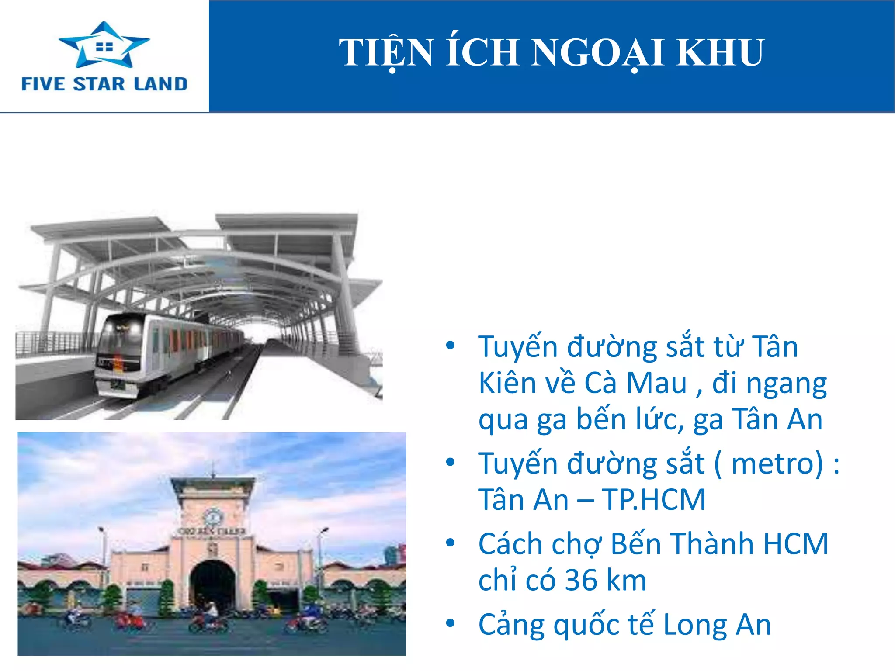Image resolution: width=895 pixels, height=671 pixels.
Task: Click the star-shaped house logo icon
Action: point(104,45)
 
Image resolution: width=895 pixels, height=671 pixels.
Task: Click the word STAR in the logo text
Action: point(99,84)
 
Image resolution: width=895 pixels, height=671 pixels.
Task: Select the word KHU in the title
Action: point(720,52)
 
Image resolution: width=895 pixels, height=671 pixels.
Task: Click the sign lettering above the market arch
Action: point(212,532)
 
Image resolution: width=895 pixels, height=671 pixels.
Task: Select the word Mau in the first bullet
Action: point(657,383)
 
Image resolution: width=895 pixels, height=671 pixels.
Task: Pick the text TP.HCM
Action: point(654,500)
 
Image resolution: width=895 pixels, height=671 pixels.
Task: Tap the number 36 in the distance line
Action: point(581,581)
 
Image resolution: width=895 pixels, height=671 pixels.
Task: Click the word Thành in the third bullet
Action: point(712,544)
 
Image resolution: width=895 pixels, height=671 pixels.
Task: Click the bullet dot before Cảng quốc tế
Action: point(450,623)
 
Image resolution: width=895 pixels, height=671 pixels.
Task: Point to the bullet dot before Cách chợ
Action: point(450,543)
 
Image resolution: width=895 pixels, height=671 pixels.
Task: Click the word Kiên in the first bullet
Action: point(507,383)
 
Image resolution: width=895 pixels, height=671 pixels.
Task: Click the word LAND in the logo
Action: point(161,84)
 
